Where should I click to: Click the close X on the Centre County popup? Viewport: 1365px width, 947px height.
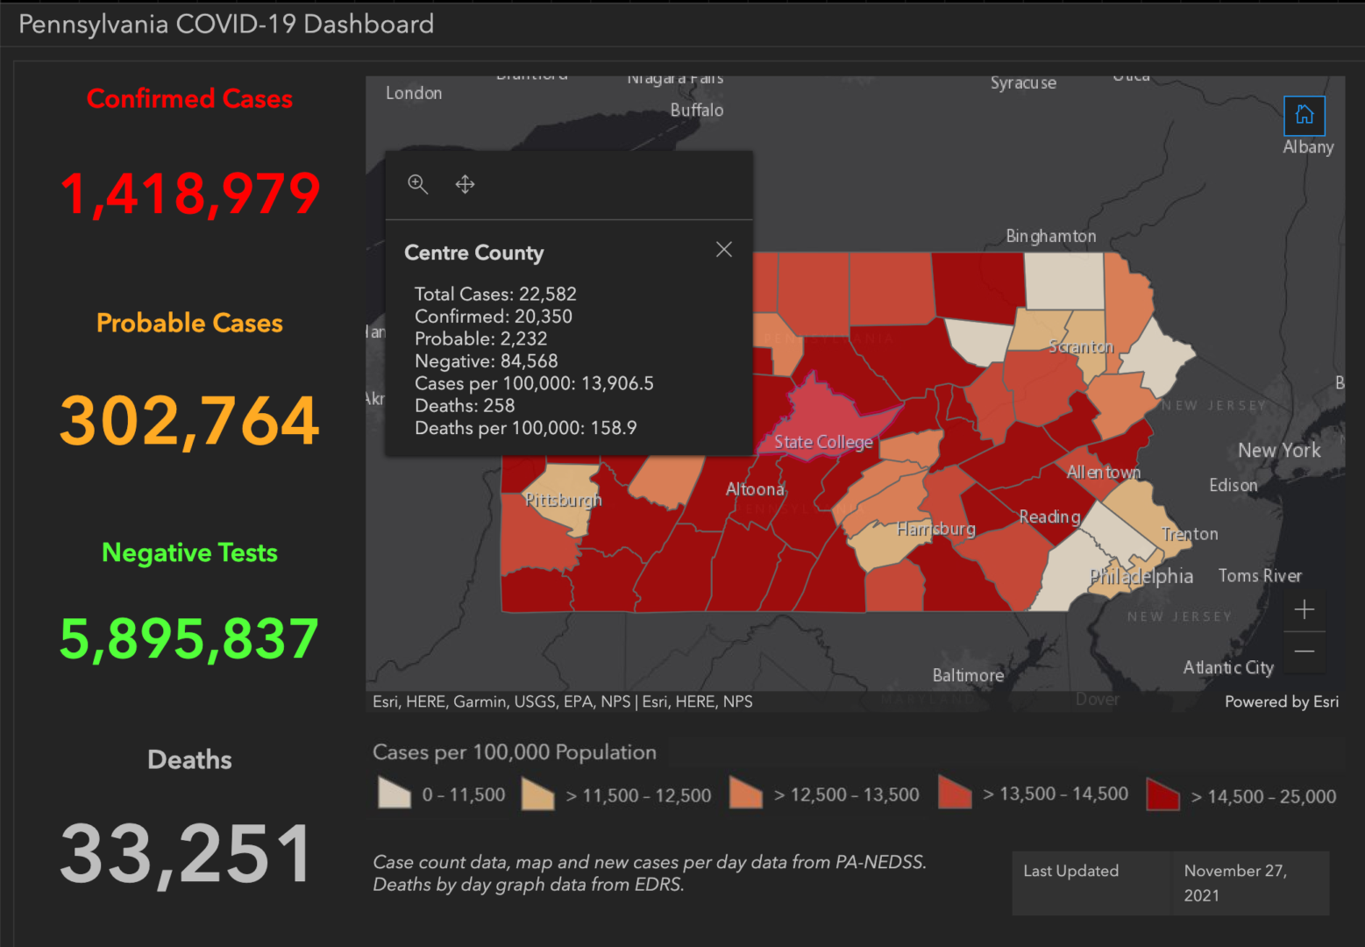723,250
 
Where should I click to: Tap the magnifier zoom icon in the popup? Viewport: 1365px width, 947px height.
418,184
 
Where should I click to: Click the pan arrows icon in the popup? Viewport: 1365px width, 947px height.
465,184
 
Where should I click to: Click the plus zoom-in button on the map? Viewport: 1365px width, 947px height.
1304,609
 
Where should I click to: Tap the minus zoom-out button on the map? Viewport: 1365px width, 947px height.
1304,652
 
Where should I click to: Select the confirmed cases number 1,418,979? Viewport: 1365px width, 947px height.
189,194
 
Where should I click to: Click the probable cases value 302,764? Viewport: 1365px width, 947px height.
189,421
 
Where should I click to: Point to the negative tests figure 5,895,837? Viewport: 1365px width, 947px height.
189,639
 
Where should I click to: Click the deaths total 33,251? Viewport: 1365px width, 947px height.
187,854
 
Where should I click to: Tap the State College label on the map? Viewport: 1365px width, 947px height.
823,443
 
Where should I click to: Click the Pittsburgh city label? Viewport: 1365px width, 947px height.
563,500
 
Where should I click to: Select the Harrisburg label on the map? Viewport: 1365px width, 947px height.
935,529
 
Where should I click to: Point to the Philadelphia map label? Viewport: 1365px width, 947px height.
1141,576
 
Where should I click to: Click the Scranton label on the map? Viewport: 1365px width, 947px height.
1081,347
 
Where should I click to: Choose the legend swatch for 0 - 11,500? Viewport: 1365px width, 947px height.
395,794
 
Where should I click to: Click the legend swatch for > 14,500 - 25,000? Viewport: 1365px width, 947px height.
1162,794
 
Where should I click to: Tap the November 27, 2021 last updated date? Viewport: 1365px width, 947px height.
1234,883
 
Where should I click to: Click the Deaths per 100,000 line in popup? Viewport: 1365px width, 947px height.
525,428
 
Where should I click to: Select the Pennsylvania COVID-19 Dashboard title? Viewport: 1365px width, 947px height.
226,24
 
